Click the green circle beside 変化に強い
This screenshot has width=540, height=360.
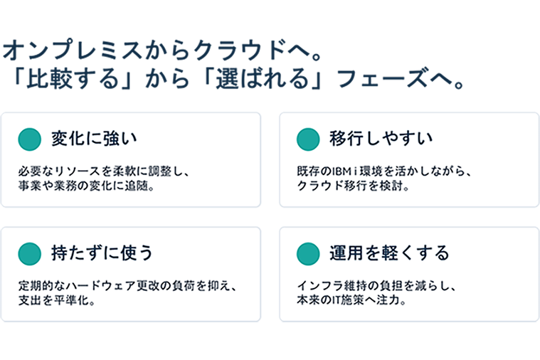coord(30,139)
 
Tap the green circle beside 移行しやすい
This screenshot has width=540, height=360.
coord(308,139)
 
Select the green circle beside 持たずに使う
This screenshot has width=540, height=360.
coord(30,254)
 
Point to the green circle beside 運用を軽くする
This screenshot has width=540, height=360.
coord(308,254)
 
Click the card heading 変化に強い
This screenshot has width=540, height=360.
coord(95,139)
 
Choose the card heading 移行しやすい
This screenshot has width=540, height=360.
coord(381,139)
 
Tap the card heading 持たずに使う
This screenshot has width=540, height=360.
coord(102,253)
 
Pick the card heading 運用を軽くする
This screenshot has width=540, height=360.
coord(389,253)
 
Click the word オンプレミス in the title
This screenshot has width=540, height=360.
coord(73,51)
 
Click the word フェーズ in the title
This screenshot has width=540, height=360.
coord(383,79)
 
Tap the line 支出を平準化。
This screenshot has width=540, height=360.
coord(57,300)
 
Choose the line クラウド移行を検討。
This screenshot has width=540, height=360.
coord(353,186)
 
